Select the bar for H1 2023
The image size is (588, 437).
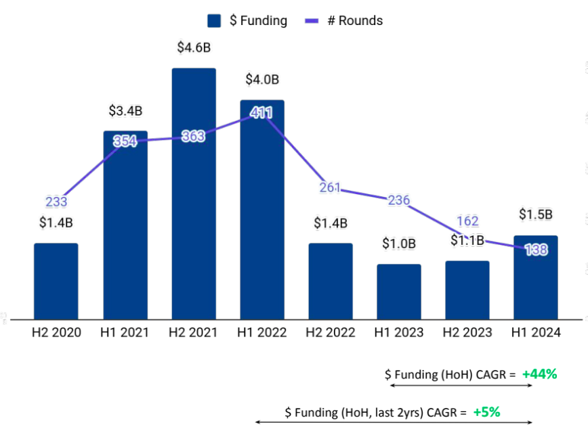(399, 292)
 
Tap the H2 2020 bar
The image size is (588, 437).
(56, 281)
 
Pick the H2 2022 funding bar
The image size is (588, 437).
(331, 281)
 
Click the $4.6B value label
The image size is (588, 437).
(194, 47)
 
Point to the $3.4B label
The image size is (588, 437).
(125, 110)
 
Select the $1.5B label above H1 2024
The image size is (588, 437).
(535, 214)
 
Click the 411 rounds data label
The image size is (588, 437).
(261, 113)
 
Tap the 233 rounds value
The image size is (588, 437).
(56, 202)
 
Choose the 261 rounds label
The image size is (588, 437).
(330, 188)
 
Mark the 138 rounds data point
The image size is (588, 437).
(536, 250)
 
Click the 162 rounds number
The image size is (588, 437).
(467, 221)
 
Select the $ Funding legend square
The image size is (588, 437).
(215, 21)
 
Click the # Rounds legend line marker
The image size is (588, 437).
(312, 21)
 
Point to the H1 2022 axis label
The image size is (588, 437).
(261, 333)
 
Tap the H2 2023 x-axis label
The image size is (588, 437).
(467, 333)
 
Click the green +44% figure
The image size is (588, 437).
(539, 373)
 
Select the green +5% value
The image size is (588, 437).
(486, 411)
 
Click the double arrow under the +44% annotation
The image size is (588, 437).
(461, 386)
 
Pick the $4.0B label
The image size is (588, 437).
(262, 79)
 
